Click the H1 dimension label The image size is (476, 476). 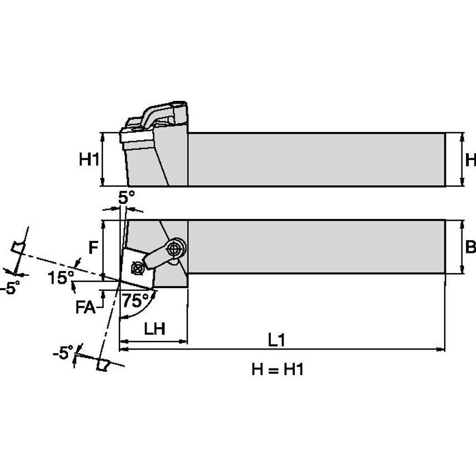point(89,160)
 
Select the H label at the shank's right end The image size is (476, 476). point(470,160)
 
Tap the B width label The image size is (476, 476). point(470,246)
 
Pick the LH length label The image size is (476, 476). point(154,329)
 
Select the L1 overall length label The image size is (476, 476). point(276,339)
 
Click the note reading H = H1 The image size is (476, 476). point(277,370)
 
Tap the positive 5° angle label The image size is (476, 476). point(127,197)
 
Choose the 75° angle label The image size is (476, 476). point(135,301)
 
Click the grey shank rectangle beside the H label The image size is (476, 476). point(316,159)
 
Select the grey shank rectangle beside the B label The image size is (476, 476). point(316,246)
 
